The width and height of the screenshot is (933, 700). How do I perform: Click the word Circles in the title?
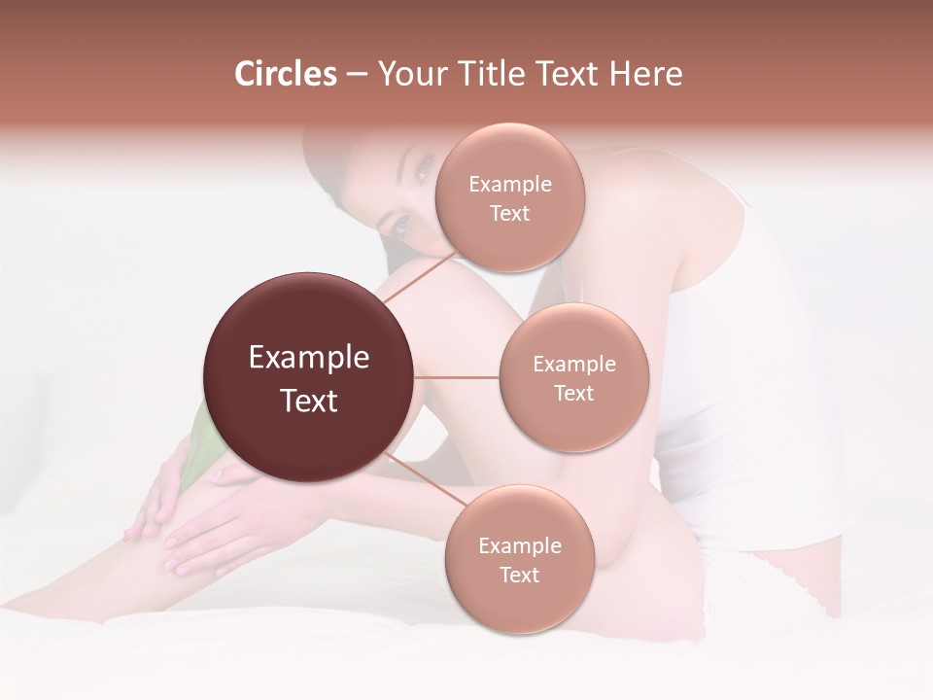coord(285,74)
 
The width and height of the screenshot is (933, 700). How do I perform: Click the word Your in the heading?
coord(408,74)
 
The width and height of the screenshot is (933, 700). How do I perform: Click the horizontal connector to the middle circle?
coord(457,377)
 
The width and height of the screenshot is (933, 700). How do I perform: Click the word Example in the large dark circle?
coord(309,358)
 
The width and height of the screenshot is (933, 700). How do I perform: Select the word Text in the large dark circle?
coord(309,401)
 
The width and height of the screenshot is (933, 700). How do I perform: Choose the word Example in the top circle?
coord(510,184)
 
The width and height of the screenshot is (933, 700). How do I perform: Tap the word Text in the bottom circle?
coord(519,575)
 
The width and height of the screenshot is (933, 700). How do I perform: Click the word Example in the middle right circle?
coord(574,365)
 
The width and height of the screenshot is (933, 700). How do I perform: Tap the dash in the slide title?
coord(357,74)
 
